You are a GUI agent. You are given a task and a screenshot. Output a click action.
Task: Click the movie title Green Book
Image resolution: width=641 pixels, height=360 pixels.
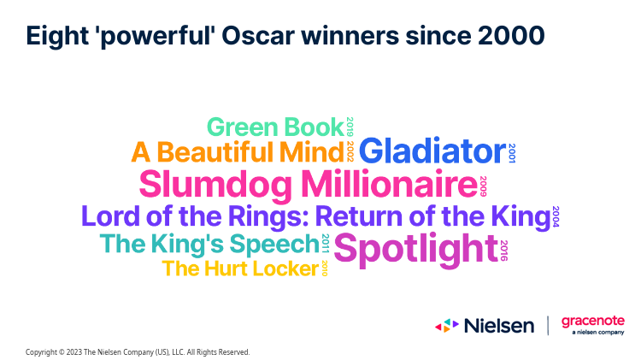coord(275,127)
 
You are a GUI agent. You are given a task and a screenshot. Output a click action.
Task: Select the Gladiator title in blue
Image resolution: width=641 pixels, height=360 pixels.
coord(432,151)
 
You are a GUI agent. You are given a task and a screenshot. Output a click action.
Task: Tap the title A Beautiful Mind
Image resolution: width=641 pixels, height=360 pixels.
coord(238,152)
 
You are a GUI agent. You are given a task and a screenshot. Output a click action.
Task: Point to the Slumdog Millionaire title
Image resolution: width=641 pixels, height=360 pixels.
coord(309,185)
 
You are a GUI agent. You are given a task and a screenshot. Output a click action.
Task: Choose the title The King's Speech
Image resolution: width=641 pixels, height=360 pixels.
coord(209,244)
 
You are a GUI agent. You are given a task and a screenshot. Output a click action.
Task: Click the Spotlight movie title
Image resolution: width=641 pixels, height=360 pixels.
coord(416,250)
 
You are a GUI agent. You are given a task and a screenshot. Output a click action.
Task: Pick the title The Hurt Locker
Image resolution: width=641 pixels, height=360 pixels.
coord(240,269)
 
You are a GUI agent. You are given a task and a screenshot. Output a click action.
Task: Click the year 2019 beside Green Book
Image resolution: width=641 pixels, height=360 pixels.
coord(350,127)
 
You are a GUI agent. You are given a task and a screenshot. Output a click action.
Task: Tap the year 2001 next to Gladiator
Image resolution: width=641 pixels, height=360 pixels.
coord(512,153)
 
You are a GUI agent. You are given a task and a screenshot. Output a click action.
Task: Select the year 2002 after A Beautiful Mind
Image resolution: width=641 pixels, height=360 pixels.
coord(350,151)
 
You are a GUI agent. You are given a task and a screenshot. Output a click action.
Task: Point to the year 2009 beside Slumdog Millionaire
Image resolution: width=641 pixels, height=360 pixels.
coord(483,186)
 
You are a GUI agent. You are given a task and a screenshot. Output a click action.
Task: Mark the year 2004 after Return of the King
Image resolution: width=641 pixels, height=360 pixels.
coord(556,216)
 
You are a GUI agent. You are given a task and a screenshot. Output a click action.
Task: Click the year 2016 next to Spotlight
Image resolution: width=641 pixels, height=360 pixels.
coord(503,251)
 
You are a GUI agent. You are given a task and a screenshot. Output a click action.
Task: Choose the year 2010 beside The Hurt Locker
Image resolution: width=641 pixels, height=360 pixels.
coord(325,268)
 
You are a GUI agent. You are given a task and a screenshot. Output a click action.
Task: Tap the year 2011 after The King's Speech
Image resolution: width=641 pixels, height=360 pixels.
coord(326,244)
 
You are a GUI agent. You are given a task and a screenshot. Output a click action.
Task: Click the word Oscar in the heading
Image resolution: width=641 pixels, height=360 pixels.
coord(258,36)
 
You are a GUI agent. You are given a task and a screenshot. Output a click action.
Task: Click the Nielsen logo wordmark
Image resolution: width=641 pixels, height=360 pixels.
coord(499,326)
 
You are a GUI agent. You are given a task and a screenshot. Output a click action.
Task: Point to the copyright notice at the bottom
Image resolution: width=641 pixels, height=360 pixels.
coord(138,351)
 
